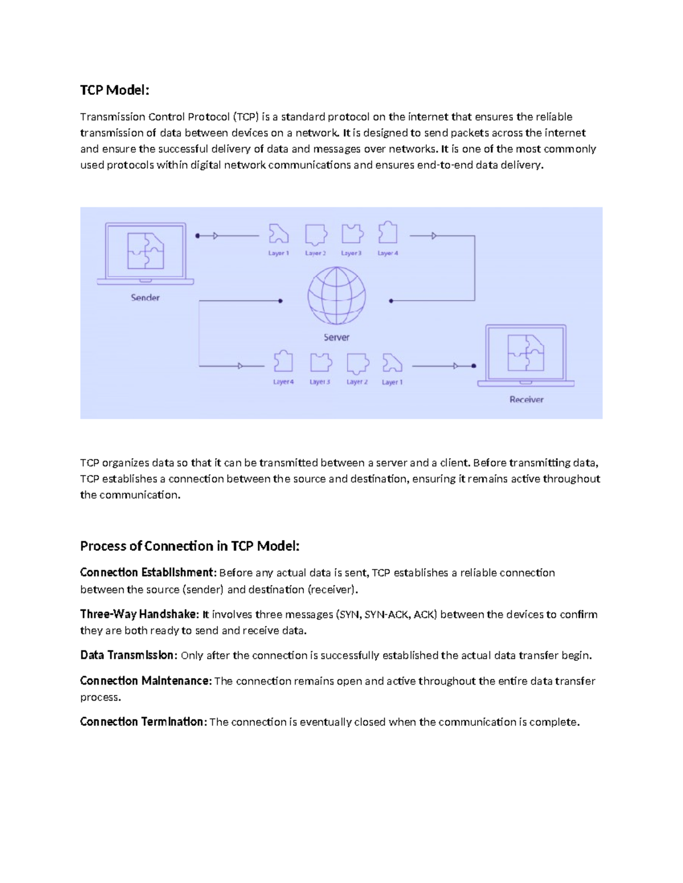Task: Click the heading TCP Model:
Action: coord(114,90)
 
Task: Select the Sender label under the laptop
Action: coord(145,297)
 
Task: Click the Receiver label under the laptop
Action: coord(526,399)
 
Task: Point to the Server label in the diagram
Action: coord(336,337)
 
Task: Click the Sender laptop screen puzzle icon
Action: coord(146,250)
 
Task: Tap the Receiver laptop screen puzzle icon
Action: coord(525,353)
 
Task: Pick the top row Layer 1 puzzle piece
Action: coord(278,234)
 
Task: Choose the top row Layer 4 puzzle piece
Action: coord(388,233)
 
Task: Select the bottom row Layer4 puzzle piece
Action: coord(283,362)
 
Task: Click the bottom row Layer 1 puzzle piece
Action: coord(392,363)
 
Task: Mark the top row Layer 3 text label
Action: coord(351,253)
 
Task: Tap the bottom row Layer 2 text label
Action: coord(357,382)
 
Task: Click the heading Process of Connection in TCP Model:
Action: coord(190,546)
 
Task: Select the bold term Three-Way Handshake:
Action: coord(139,614)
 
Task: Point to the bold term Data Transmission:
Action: coord(129,655)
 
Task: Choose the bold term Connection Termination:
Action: coord(143,722)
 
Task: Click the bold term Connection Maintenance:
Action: coord(146,681)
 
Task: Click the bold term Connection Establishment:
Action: coord(148,572)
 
